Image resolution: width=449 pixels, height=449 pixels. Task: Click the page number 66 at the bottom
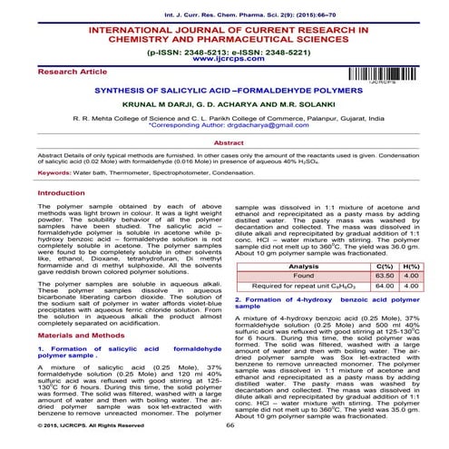click(x=229, y=425)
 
